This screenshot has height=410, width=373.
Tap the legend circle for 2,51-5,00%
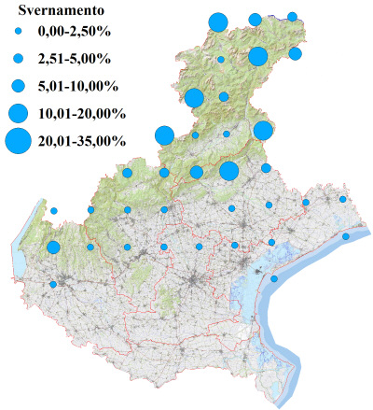click(x=19, y=60)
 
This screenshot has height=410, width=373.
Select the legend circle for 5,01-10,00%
click(x=19, y=87)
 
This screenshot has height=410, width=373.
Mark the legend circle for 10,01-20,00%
click(x=19, y=114)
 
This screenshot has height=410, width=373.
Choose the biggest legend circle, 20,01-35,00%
click(x=19, y=141)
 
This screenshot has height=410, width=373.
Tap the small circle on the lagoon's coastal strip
click(x=274, y=278)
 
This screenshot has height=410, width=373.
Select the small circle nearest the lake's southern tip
click(x=53, y=284)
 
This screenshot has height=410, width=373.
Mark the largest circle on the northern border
click(x=218, y=22)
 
